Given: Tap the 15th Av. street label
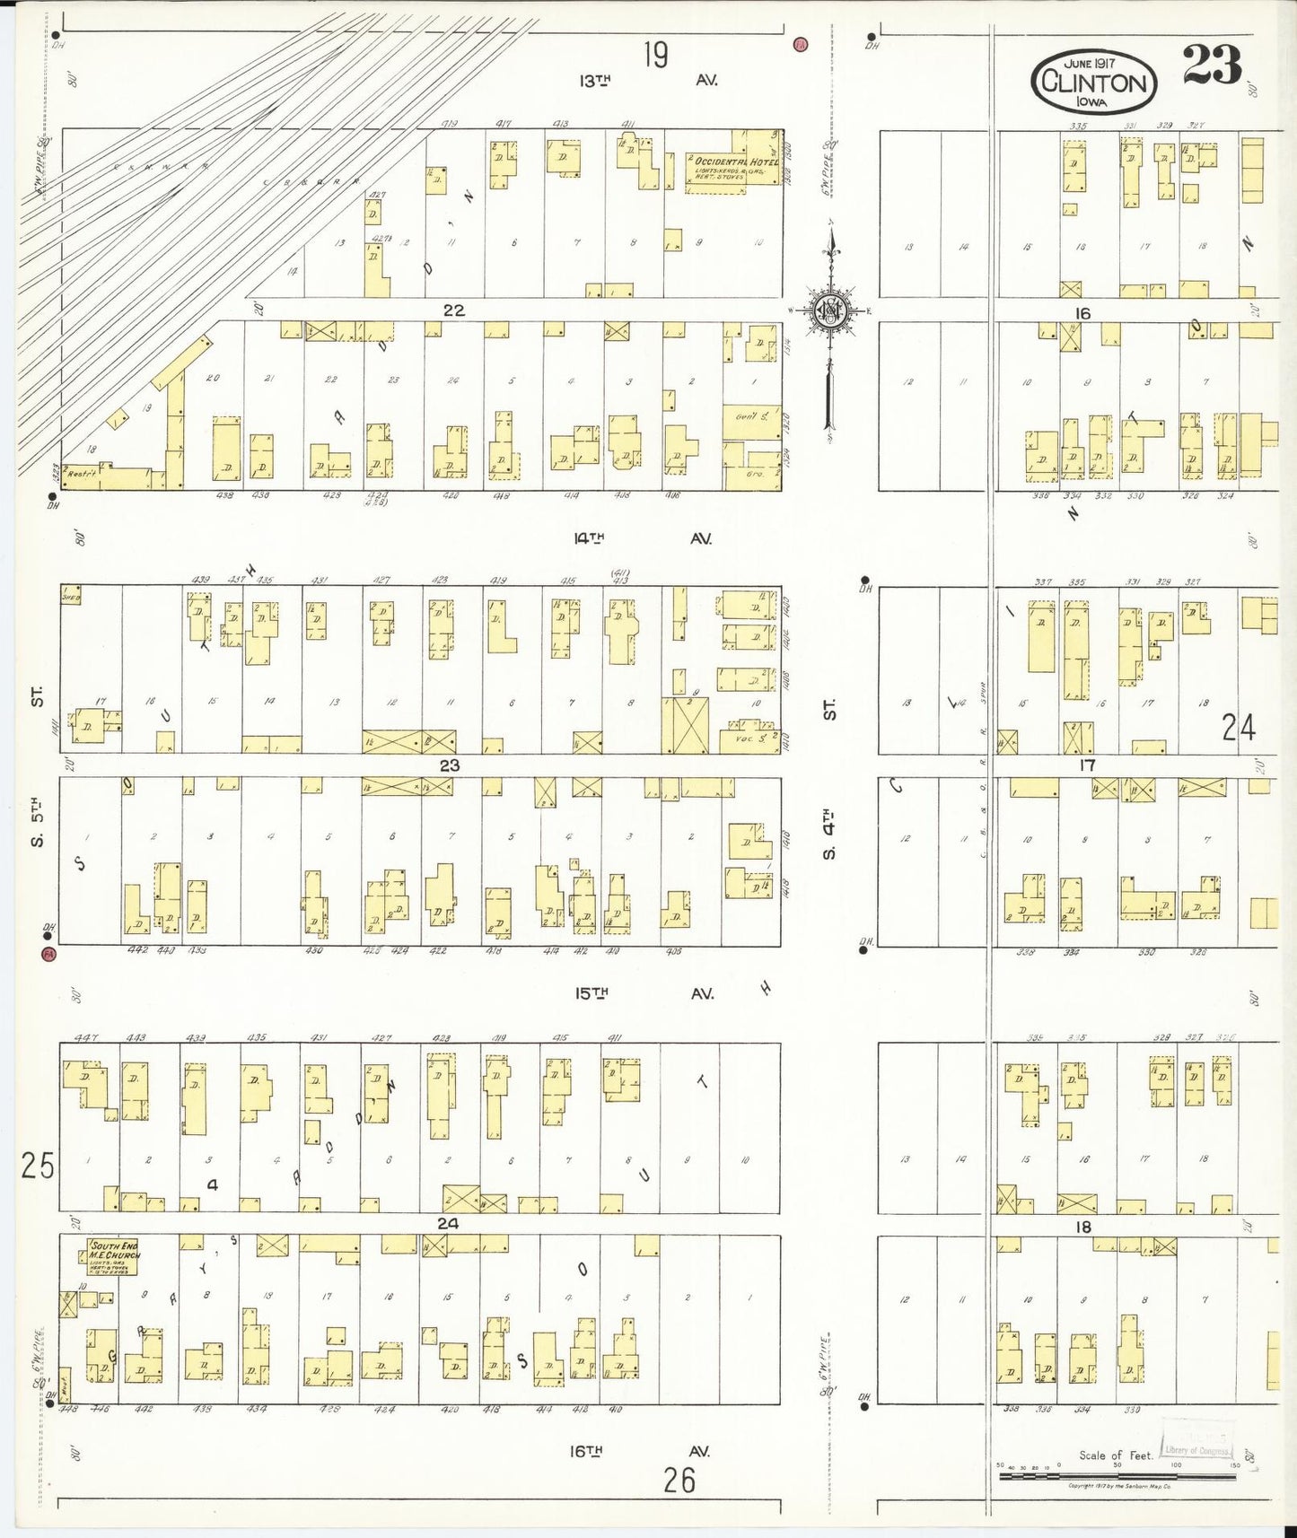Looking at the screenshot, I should (644, 993).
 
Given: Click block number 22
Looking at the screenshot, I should (453, 310).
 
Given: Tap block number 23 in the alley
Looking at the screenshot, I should (450, 765).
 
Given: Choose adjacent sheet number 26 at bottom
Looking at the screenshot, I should (679, 1480).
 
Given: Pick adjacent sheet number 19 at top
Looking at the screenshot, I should (655, 56).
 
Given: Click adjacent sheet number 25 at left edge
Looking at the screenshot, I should (38, 1166).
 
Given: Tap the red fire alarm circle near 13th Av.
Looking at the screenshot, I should (800, 43).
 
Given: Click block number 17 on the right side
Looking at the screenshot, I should (1087, 765).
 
